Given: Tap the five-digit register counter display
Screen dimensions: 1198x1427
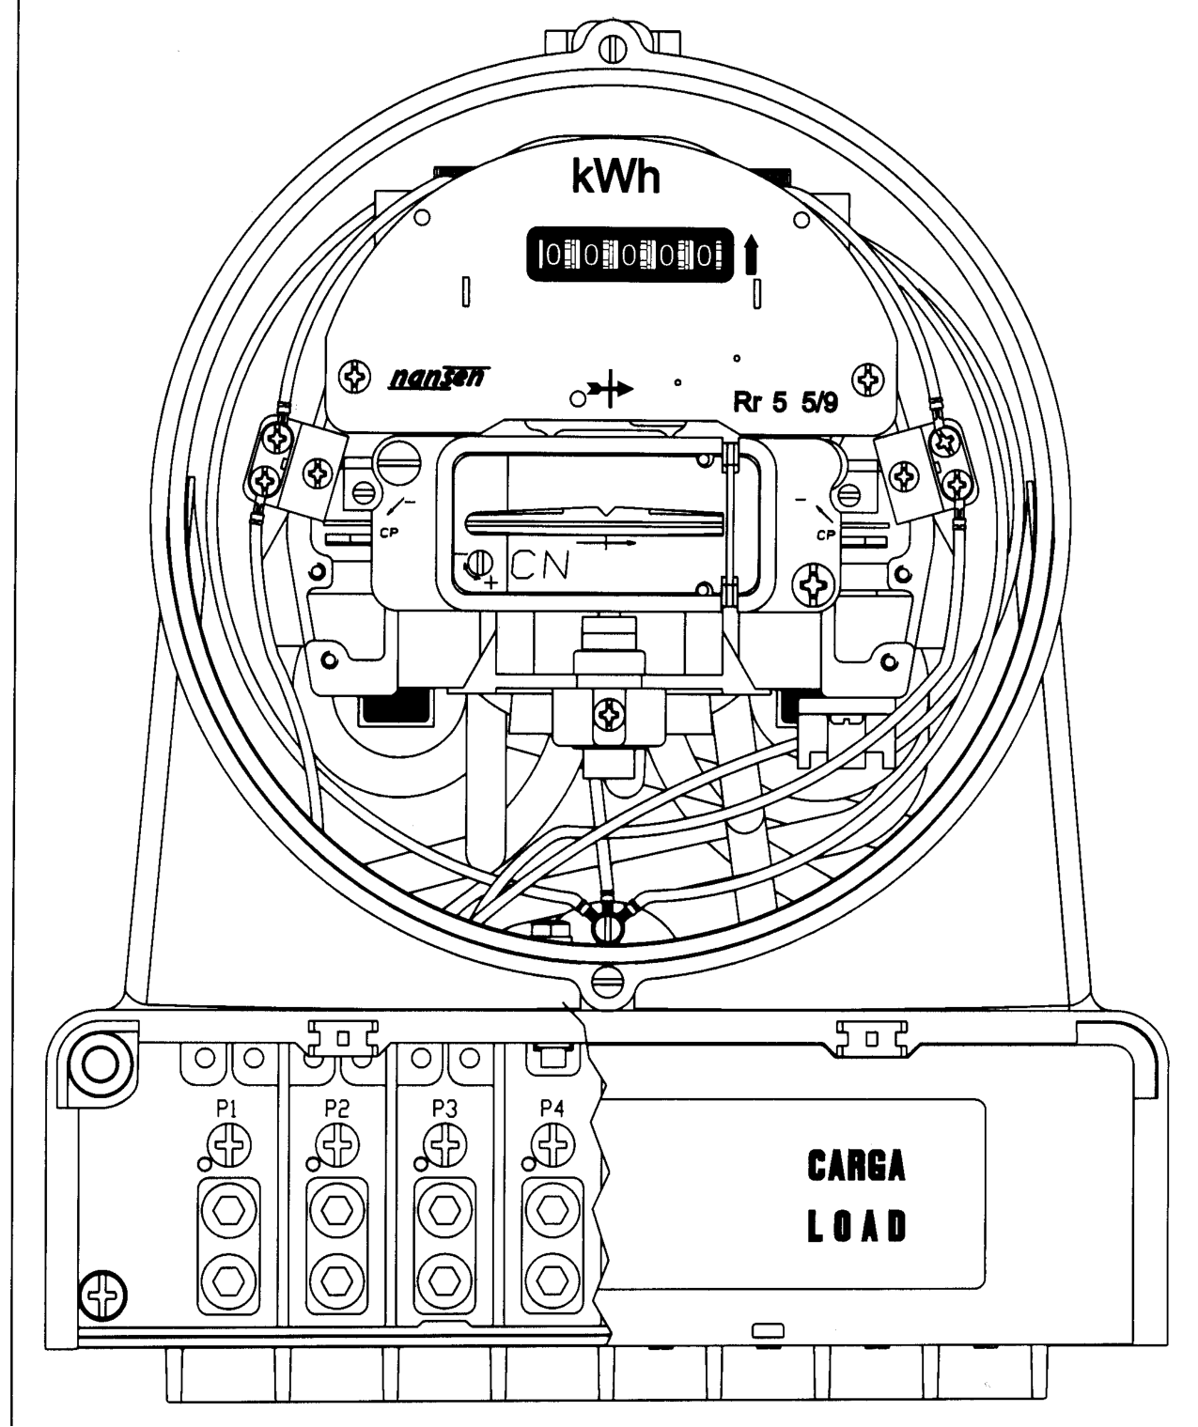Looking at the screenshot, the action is click(x=630, y=255).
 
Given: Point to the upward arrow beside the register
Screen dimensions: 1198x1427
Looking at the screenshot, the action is click(x=751, y=254).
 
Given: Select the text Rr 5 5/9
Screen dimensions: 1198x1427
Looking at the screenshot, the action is click(x=785, y=403).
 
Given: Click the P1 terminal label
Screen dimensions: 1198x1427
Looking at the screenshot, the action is click(x=226, y=1108).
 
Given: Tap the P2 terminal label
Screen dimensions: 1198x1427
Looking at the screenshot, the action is click(x=335, y=1108).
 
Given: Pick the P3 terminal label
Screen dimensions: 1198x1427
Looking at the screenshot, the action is click(x=444, y=1108).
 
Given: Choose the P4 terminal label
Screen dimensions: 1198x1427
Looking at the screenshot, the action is click(x=552, y=1108).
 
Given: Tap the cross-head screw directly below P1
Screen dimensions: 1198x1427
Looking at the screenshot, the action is click(x=229, y=1145).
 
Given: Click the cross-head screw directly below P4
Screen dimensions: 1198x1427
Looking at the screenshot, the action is click(x=553, y=1145).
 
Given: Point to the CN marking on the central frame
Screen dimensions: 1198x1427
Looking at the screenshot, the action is click(x=540, y=566).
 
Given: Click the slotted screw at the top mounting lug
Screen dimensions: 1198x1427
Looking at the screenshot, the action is click(x=613, y=49).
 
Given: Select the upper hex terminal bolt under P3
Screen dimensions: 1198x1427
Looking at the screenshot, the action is click(x=445, y=1212).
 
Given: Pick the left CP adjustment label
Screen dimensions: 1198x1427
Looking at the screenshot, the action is click(x=389, y=533).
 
